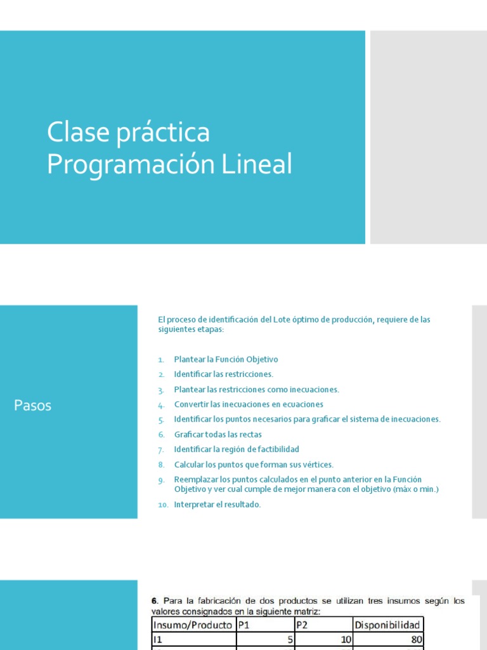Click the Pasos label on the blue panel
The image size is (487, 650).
[x=33, y=406]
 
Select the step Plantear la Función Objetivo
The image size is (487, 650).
[x=226, y=359]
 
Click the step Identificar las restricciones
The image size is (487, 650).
[x=223, y=375]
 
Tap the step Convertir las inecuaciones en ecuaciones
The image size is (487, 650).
[x=249, y=404]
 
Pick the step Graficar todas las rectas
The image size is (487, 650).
[x=218, y=435]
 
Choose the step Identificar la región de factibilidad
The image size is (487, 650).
[x=237, y=449]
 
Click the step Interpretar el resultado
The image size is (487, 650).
[x=218, y=505]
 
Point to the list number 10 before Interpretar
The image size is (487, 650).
[x=162, y=505]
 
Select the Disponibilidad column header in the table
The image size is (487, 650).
[x=387, y=625]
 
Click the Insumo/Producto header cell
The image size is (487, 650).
[x=192, y=625]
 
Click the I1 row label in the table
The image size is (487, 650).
[x=158, y=639]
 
